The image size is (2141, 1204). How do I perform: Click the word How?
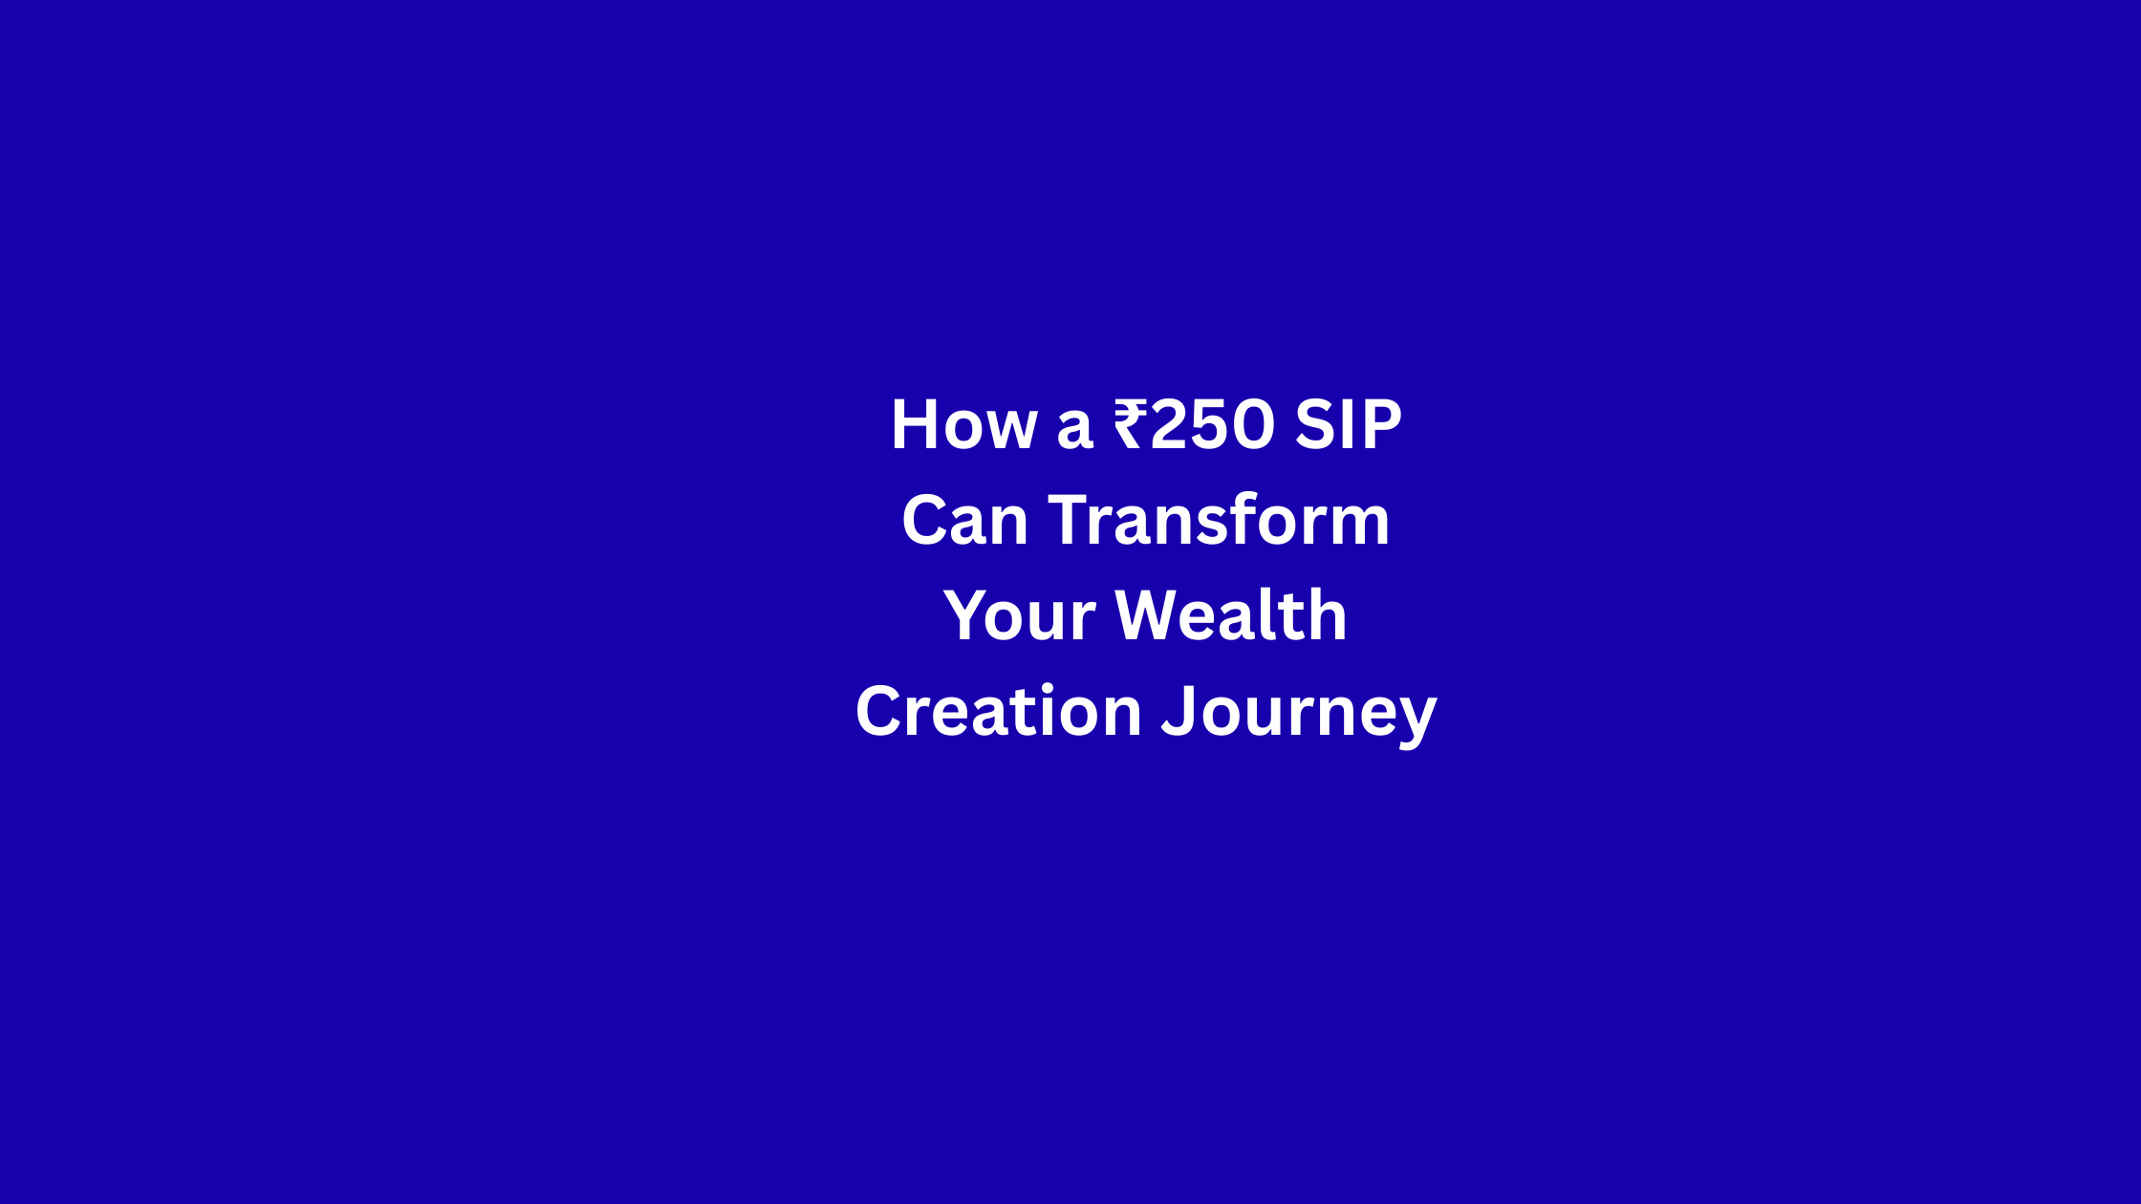tap(963, 424)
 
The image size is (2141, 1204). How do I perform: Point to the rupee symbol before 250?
tap(1132, 424)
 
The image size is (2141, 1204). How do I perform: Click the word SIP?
tap(1348, 424)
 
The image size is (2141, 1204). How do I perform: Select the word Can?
tap(965, 521)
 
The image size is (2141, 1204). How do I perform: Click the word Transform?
tap(1219, 521)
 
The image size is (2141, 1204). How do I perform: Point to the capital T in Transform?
tap(1071, 521)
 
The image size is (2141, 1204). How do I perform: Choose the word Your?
tap(1020, 616)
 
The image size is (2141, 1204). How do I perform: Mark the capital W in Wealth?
tap(1151, 616)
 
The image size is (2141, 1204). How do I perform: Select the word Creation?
tap(999, 711)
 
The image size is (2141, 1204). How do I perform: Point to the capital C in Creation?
tap(880, 711)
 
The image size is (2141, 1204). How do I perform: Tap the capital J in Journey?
tap(1179, 712)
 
